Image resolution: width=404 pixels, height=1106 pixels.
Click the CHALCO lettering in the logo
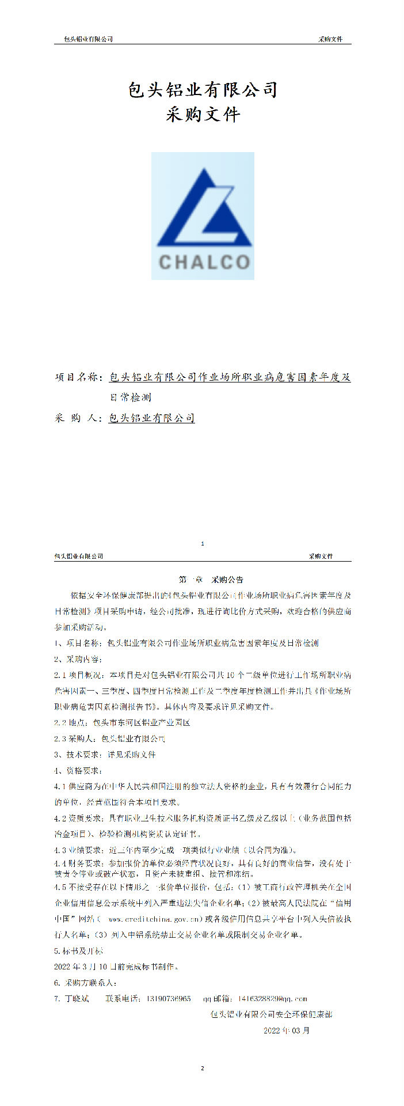(204, 263)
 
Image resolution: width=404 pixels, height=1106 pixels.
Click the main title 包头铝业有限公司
(203, 90)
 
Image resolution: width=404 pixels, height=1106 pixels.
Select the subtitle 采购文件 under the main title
(203, 115)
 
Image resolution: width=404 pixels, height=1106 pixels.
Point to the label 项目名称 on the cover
(79, 378)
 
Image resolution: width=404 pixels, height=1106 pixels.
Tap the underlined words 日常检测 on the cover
(130, 397)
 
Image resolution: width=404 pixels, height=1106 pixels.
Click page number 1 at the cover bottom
(202, 544)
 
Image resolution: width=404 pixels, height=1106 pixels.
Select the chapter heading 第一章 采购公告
(203, 579)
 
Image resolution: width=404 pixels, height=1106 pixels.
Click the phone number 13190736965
(169, 998)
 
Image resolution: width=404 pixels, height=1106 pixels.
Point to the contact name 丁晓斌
(77, 998)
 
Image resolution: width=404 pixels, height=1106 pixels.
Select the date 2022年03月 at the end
(287, 1030)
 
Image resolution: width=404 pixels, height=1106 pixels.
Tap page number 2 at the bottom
(202, 1069)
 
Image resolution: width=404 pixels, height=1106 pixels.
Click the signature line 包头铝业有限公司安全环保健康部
(271, 1014)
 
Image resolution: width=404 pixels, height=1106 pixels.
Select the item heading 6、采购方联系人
(85, 982)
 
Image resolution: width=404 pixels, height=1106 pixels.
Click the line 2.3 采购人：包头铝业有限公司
(109, 738)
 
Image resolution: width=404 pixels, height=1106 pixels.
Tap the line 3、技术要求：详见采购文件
(105, 755)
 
